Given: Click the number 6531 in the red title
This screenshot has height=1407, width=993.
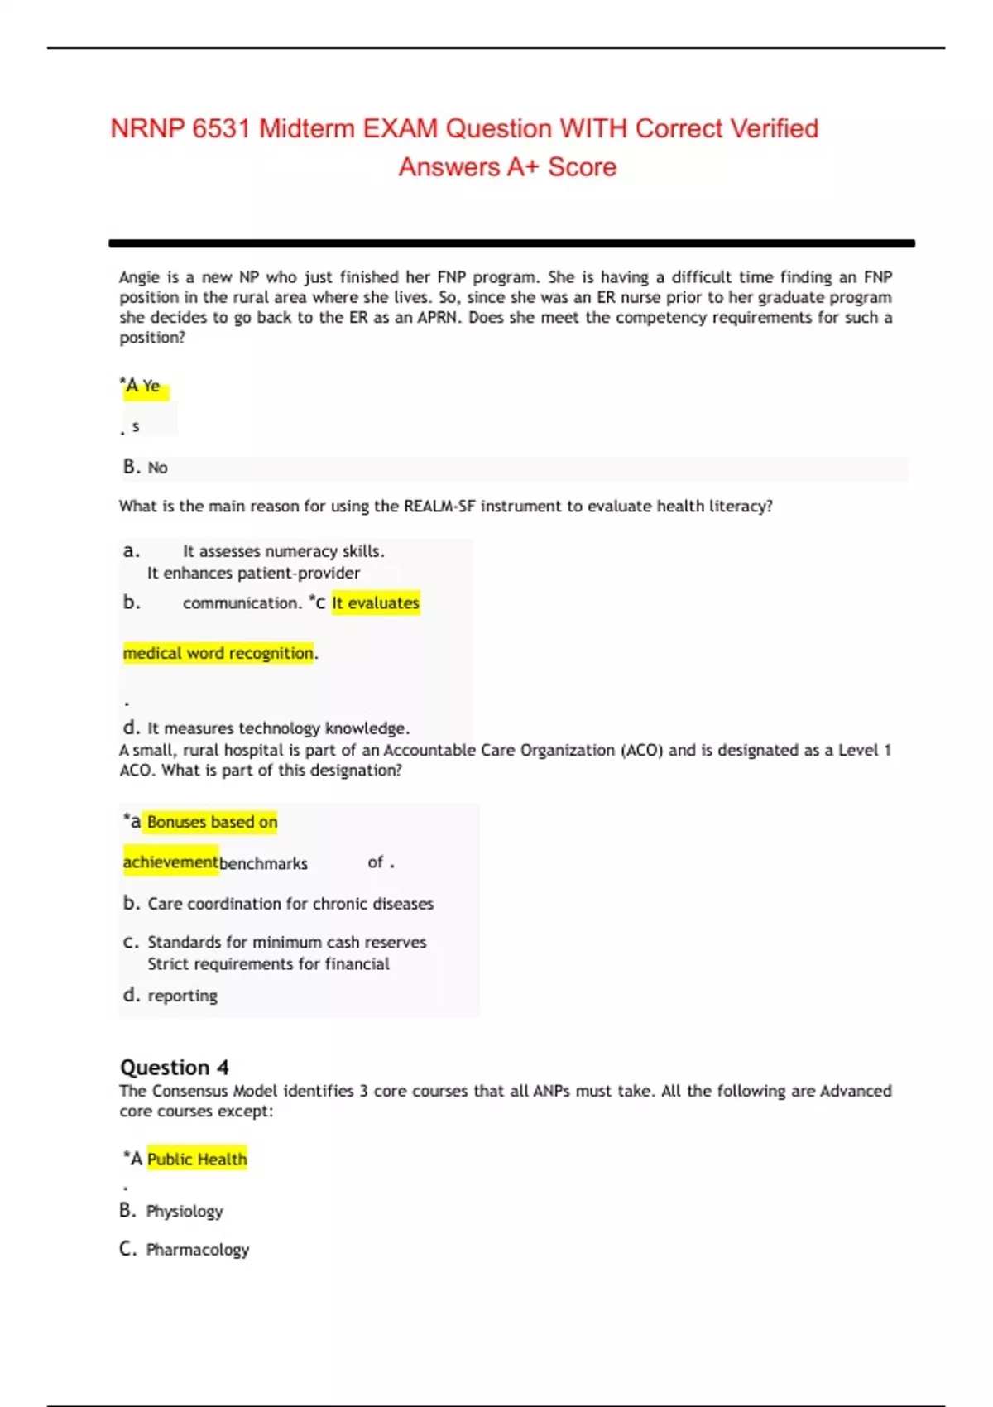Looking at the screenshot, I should [221, 128].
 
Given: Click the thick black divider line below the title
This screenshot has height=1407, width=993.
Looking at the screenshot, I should [511, 243].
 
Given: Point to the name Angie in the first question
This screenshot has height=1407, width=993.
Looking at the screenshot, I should [141, 277].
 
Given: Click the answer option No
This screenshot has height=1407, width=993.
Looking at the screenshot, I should [157, 468].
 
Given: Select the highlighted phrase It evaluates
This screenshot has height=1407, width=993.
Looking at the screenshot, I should [376, 603].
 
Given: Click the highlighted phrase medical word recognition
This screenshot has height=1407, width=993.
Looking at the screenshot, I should [218, 653].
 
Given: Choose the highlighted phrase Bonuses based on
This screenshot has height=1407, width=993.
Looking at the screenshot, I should [212, 822].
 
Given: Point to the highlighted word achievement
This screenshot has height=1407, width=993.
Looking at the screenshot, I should [170, 862].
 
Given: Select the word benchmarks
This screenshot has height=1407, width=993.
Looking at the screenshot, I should [263, 863].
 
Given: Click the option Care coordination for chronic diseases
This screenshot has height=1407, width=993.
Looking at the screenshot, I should [290, 904].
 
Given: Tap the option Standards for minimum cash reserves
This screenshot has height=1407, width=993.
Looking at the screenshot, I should [286, 942].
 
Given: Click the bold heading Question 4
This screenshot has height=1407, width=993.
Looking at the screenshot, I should [175, 1067].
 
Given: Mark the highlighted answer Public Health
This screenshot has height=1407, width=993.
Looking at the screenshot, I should [197, 1159].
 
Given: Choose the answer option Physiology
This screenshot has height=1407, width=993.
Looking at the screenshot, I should [185, 1211].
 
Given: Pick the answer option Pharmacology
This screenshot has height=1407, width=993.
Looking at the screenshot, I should [197, 1249].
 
